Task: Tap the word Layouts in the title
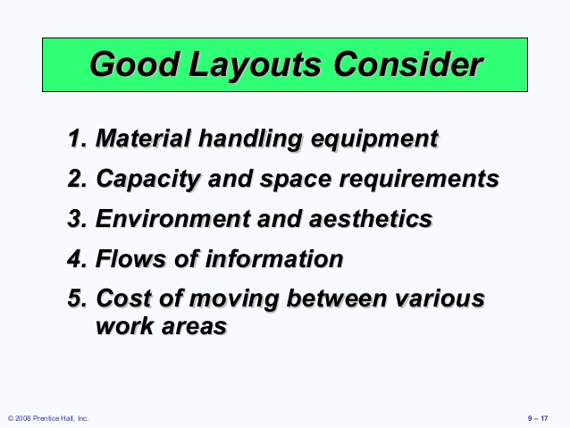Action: (248, 64)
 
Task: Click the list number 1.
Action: (77, 139)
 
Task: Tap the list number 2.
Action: (77, 179)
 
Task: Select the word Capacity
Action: (148, 180)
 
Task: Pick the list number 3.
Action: (77, 219)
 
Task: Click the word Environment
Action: (167, 219)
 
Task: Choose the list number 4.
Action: (77, 259)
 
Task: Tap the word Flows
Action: (128, 259)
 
